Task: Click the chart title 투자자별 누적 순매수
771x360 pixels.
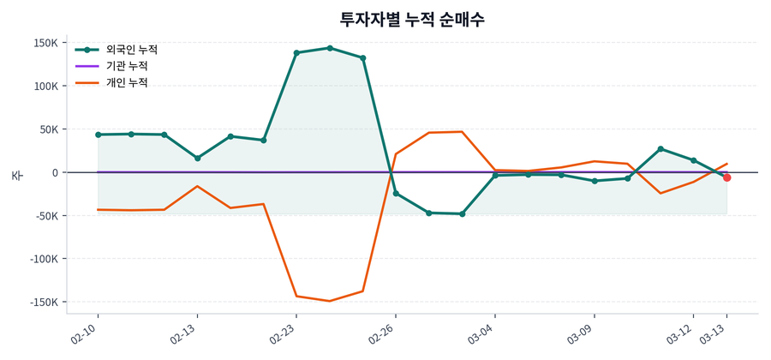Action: pyautogui.click(x=413, y=20)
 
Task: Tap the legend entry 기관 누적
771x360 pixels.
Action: pyautogui.click(x=126, y=66)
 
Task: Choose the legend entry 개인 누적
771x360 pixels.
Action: pyautogui.click(x=126, y=83)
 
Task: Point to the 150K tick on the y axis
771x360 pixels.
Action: pyautogui.click(x=45, y=43)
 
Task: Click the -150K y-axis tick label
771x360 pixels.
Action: pyautogui.click(x=43, y=303)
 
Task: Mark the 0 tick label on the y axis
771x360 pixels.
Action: pyautogui.click(x=54, y=173)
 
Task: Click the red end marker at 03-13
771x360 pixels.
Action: pyautogui.click(x=726, y=177)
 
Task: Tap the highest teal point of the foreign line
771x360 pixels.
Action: pyautogui.click(x=330, y=48)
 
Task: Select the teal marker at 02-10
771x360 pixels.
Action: pyautogui.click(x=99, y=135)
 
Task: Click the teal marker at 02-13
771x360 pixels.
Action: pyautogui.click(x=197, y=158)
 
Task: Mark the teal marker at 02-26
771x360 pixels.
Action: pyautogui.click(x=396, y=193)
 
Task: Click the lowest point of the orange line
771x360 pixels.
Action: pyautogui.click(x=330, y=301)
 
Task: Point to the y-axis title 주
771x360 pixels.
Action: pyautogui.click(x=17, y=175)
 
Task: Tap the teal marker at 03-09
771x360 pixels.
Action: pyautogui.click(x=595, y=181)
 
